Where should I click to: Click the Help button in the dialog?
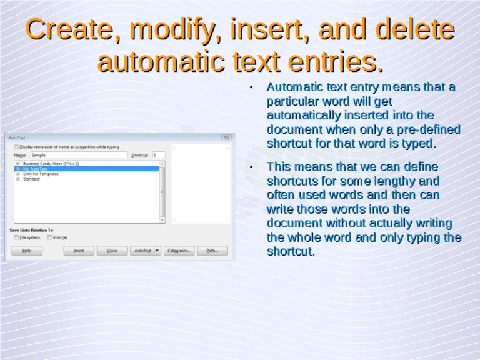pyautogui.click(x=27, y=251)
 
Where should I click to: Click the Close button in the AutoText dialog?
pyautogui.click(x=112, y=251)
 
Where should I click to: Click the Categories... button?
pyautogui.click(x=179, y=251)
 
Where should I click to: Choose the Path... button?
pyautogui.click(x=212, y=251)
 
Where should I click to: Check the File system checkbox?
pyautogui.click(x=16, y=237)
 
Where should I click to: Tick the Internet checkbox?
pyautogui.click(x=49, y=237)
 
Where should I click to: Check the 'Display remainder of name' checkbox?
pyautogui.click(x=16, y=147)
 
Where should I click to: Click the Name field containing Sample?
pyautogui.click(x=78, y=154)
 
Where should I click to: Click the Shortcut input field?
pyautogui.click(x=158, y=154)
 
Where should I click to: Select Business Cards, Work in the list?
pyautogui.click(x=51, y=164)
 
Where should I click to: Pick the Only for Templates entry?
pyautogui.click(x=41, y=174)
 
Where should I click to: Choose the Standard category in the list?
pyautogui.click(x=31, y=179)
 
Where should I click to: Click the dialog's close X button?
pyautogui.click(x=227, y=137)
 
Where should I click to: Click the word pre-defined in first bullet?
pyautogui.click(x=429, y=129)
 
